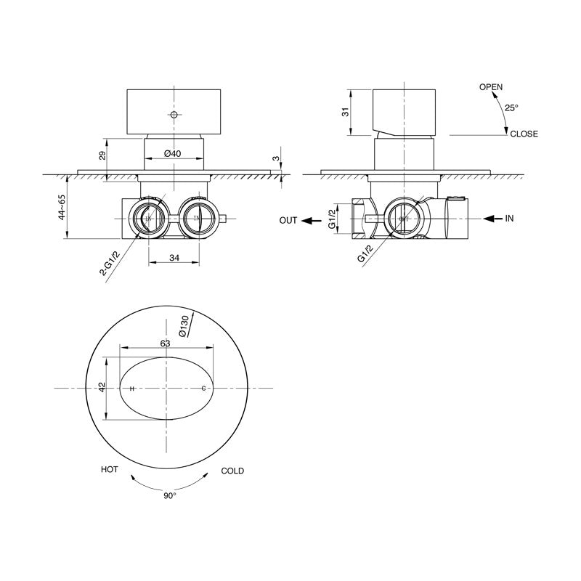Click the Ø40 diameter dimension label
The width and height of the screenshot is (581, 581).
[173, 153]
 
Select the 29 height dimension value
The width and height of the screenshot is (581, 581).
[102, 155]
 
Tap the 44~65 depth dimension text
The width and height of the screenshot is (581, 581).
[62, 207]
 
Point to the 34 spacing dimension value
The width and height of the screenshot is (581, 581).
[174, 258]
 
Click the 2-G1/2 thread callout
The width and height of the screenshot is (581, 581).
[110, 264]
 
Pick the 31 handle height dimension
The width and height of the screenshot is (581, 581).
[346, 112]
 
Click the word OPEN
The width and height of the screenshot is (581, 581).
[491, 87]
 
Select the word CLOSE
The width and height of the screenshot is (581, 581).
[524, 134]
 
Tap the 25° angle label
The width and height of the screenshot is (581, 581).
[512, 107]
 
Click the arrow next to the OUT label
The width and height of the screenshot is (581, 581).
[312, 221]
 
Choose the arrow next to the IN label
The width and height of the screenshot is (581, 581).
[493, 219]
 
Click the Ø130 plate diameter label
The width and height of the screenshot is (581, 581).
[184, 326]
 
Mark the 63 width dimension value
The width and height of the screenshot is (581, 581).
[166, 344]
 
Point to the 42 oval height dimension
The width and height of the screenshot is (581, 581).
[102, 386]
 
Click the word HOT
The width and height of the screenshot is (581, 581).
[110, 469]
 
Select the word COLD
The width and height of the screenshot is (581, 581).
[232, 471]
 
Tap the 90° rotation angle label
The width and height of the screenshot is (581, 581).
[170, 496]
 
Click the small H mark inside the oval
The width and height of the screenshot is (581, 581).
[132, 389]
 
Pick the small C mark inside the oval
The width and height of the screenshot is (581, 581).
[203, 389]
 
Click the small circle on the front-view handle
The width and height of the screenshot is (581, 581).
[174, 114]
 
